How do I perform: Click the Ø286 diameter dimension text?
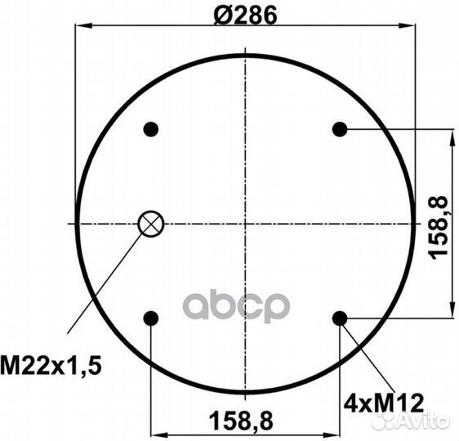coord(245,16)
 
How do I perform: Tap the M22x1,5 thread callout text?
coord(51,365)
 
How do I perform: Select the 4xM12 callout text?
coord(384,403)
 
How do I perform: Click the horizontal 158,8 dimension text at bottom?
coord(241,421)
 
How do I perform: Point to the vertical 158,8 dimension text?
coord(439,228)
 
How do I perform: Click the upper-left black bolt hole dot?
coord(151,129)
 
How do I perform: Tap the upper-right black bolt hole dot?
coord(340,129)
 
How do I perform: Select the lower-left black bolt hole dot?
coord(151,318)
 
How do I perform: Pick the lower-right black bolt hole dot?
coord(340,318)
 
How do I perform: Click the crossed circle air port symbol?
coord(151,224)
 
